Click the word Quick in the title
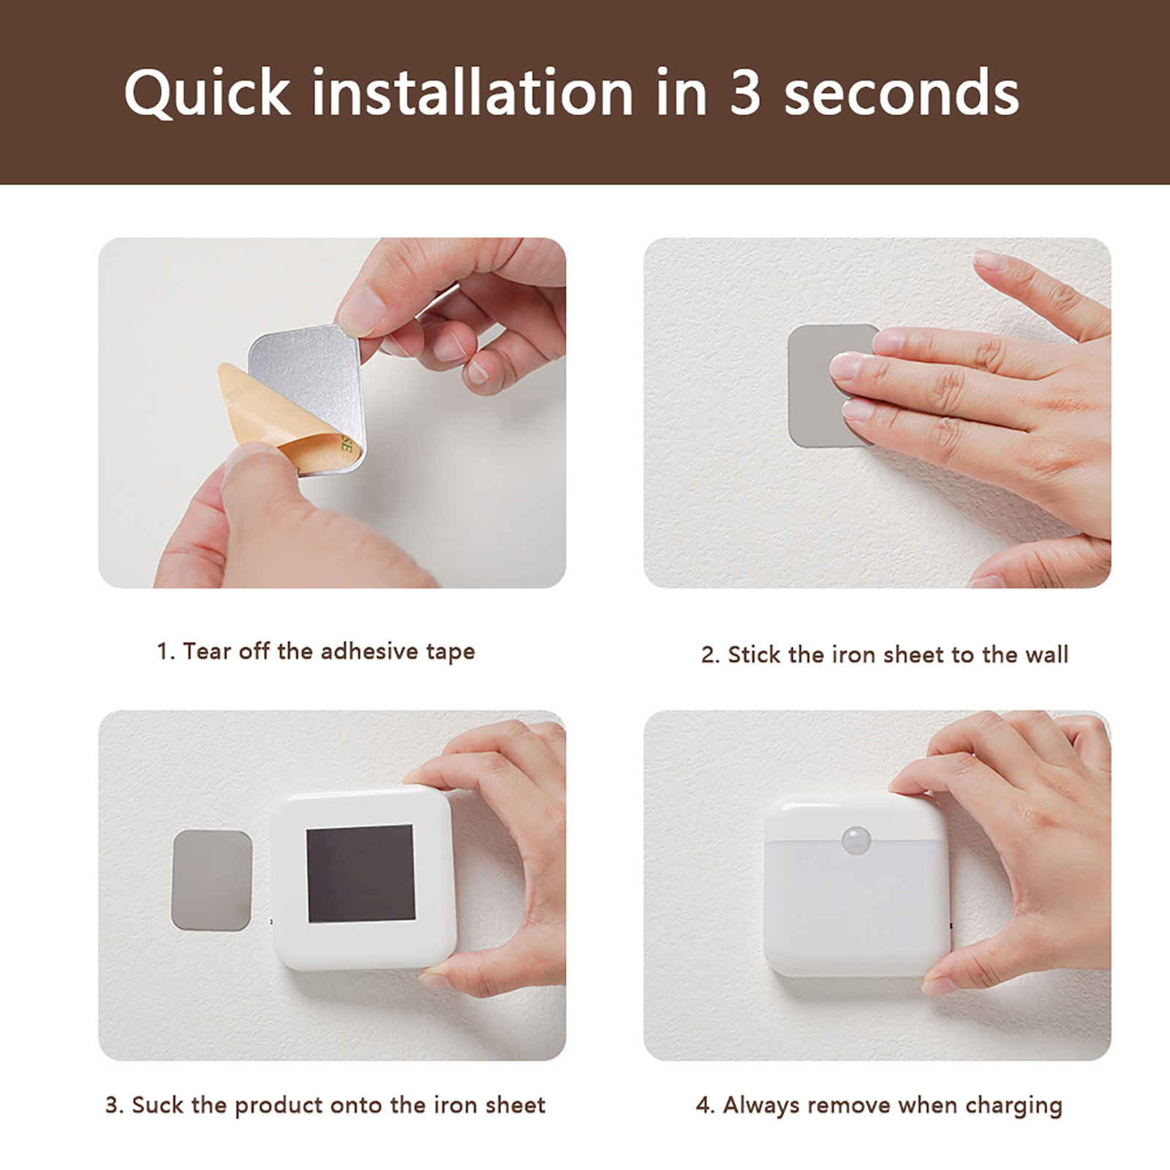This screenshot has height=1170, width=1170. (208, 92)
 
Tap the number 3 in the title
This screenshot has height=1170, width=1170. (745, 92)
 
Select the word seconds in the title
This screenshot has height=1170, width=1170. (902, 93)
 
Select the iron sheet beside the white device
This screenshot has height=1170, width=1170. (211, 880)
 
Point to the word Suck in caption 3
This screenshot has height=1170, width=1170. (158, 1104)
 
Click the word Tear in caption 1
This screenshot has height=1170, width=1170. (207, 650)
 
